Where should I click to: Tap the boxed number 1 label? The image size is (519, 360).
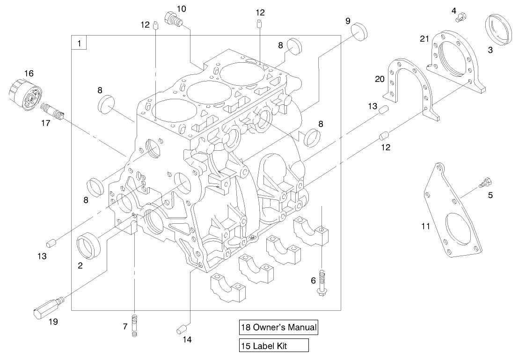[79, 43]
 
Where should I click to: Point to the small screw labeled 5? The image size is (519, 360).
[485, 182]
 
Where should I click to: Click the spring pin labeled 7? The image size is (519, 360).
[135, 324]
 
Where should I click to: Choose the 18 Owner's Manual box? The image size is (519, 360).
[278, 328]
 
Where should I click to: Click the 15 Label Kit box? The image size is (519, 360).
[274, 346]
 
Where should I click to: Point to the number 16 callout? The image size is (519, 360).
[29, 73]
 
